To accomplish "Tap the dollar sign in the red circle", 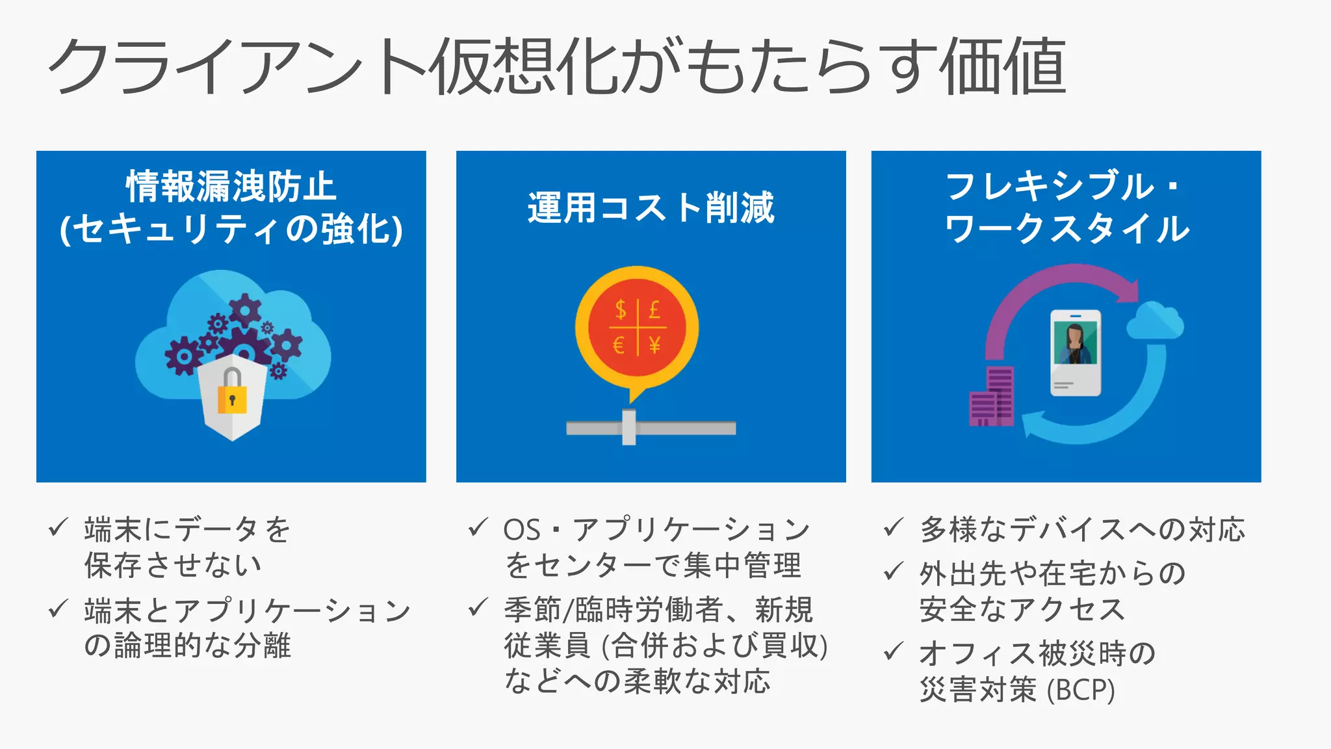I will [x=621, y=309].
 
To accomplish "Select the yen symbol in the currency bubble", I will [x=654, y=345].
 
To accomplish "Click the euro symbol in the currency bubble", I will [x=619, y=345].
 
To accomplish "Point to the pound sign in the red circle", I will [x=654, y=309].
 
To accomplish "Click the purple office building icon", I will [x=992, y=398].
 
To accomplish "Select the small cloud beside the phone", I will [x=1155, y=321].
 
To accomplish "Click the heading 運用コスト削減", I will [x=651, y=208].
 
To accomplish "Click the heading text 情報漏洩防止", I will [x=231, y=187].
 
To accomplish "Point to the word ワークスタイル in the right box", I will [x=1066, y=229].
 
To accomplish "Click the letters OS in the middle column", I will [x=522, y=530].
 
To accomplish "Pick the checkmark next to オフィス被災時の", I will [x=894, y=650].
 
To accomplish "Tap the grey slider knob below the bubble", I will [x=628, y=427].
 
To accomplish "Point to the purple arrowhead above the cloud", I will [x=1128, y=291].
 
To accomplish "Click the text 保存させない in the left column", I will [x=173, y=565].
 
